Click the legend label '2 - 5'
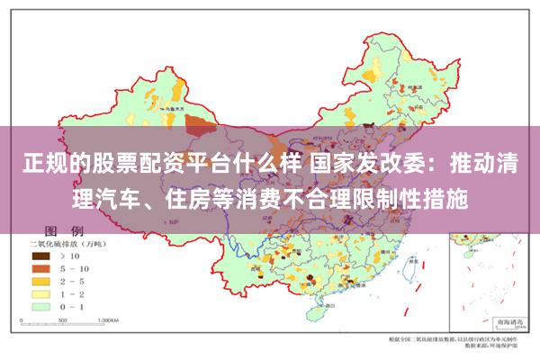[74, 281]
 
